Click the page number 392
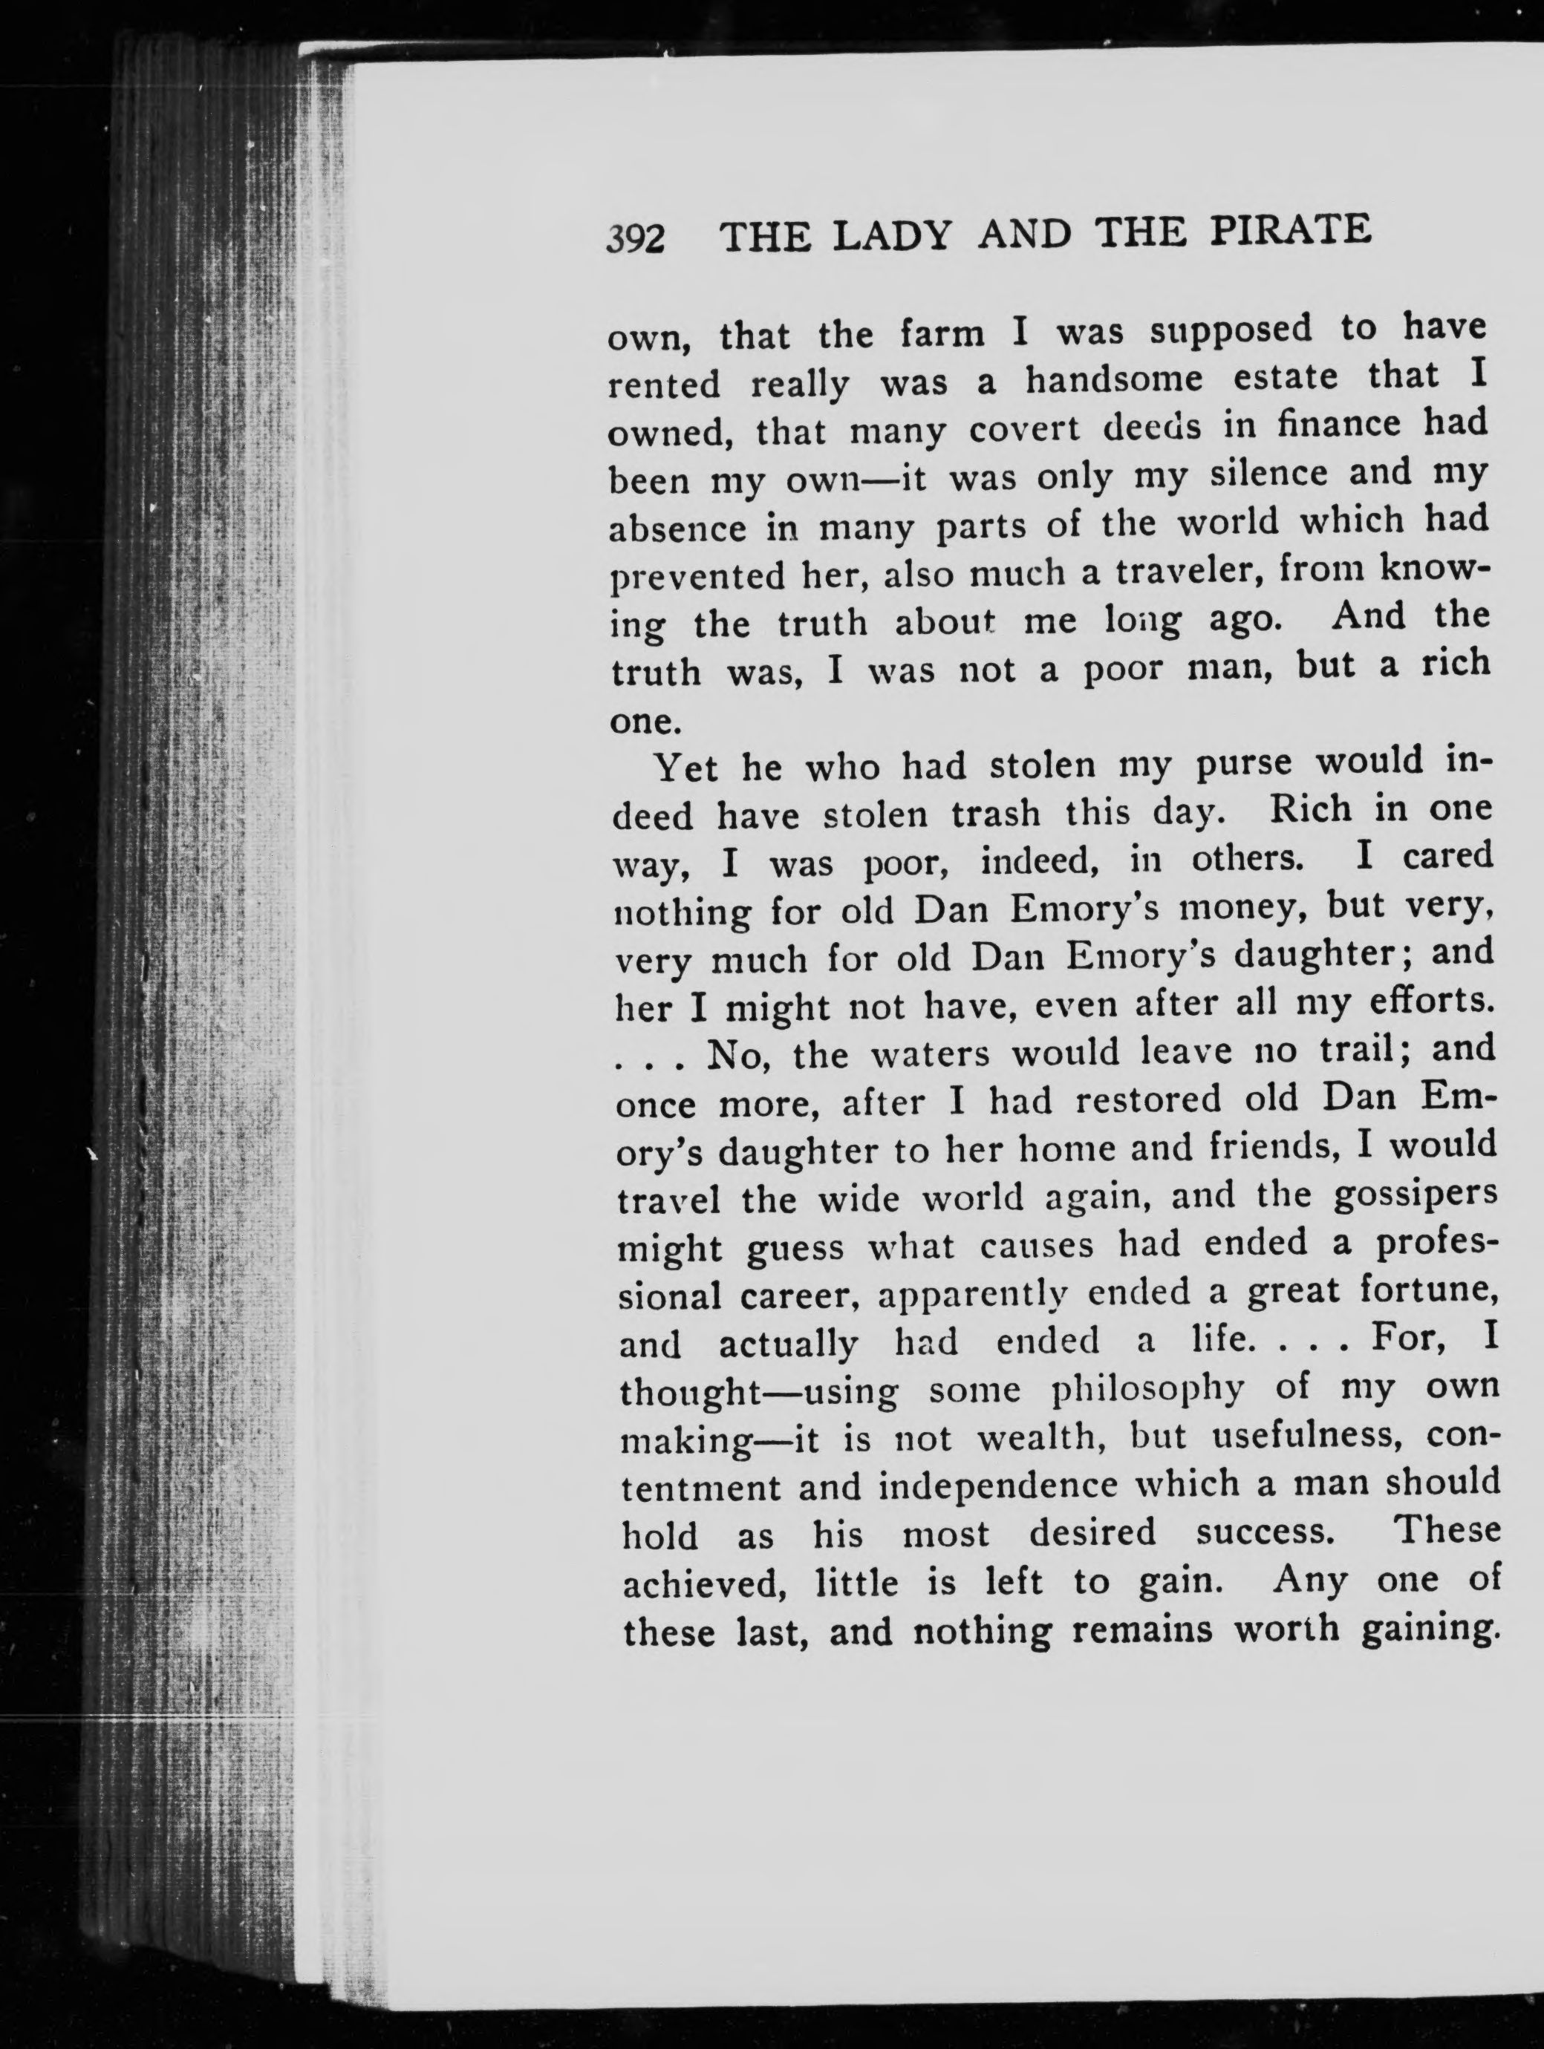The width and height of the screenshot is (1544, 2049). pos(636,239)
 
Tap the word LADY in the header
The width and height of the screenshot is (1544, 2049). pos(891,235)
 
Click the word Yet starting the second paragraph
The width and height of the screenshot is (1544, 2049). pos(687,768)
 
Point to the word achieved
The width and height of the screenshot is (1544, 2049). pos(704,1584)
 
